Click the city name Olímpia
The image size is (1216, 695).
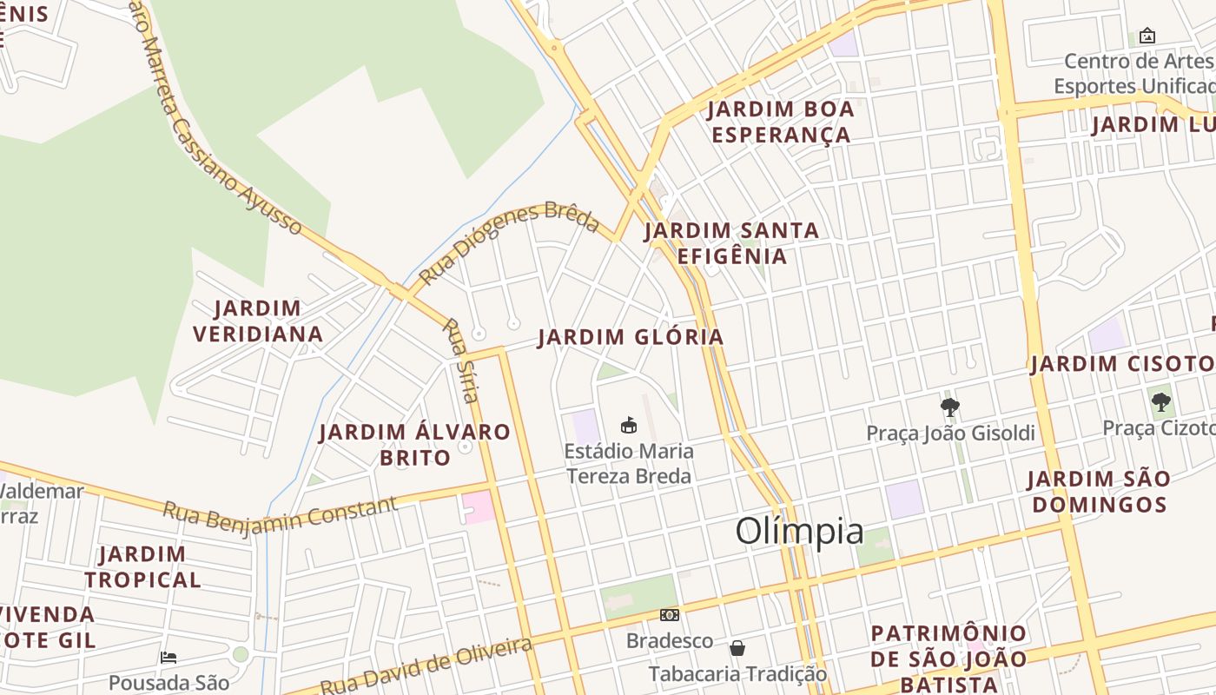[x=799, y=531]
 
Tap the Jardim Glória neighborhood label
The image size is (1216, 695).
[x=631, y=337]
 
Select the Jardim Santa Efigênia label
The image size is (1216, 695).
[x=731, y=243]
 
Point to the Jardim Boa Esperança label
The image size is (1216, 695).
[x=780, y=122]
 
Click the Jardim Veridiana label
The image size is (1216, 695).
[x=258, y=321]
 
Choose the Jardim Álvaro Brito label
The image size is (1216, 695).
[x=415, y=444]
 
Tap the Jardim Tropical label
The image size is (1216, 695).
[x=142, y=566]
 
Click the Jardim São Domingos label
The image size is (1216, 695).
[x=1098, y=491]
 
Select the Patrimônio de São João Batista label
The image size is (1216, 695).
[x=948, y=659]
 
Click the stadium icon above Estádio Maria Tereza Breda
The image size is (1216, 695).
[x=629, y=425]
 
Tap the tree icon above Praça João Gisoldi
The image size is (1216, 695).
[x=950, y=407]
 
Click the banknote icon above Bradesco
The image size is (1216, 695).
[x=669, y=615]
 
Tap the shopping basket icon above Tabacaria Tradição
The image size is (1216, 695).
[x=737, y=648]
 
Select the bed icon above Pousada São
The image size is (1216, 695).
[x=169, y=658]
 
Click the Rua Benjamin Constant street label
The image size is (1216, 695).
[x=280, y=516]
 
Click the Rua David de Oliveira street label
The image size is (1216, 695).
[x=426, y=667]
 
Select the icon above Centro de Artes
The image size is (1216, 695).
[x=1147, y=36]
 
